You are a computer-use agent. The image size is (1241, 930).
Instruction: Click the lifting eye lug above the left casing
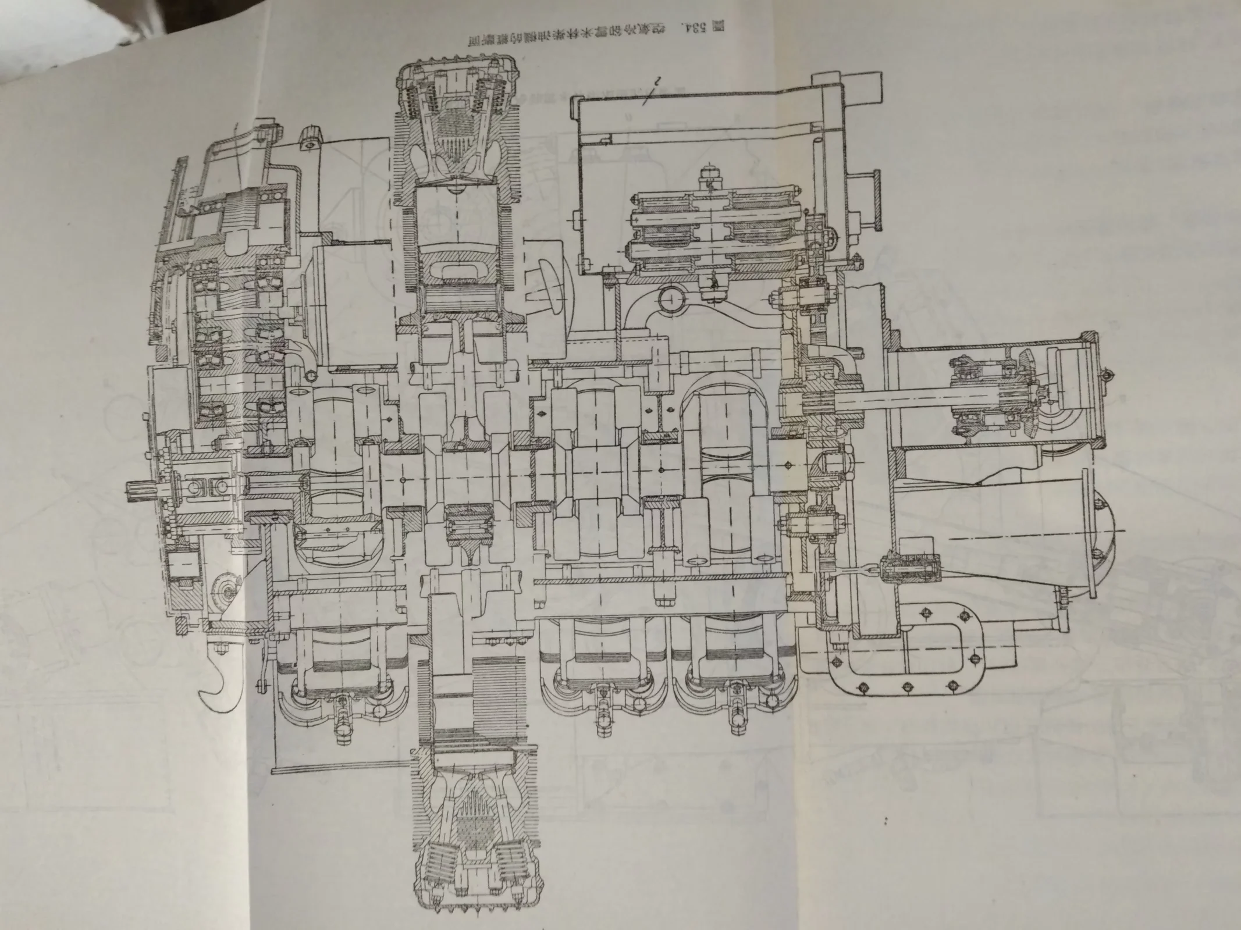311,140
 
